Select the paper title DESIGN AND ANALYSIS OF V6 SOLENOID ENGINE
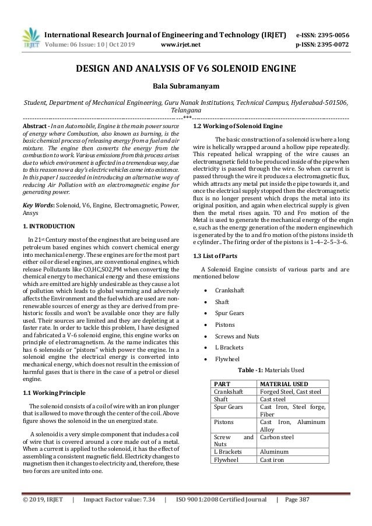(x=186, y=70)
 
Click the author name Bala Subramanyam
(x=185, y=87)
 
